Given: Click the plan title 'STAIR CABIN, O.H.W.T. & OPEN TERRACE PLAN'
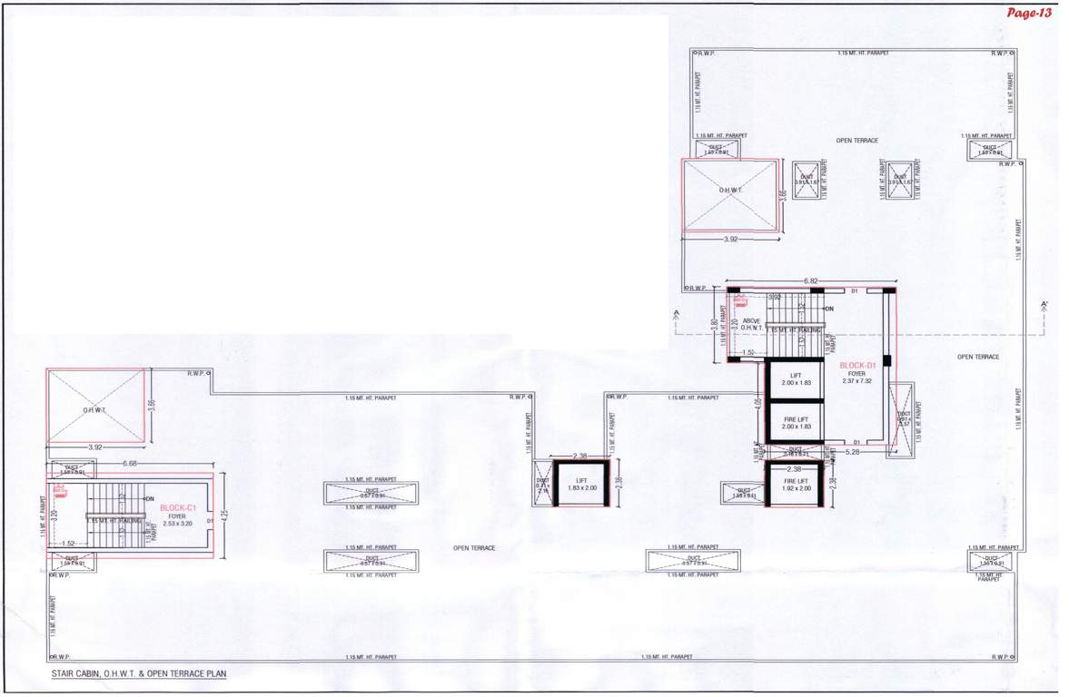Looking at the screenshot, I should coord(138,674).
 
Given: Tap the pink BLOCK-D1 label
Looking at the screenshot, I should coord(857,365).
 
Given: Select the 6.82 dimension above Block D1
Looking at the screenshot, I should coord(812,281).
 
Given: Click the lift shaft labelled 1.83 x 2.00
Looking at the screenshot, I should coord(583,485).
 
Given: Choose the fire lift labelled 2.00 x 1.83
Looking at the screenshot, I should coord(796,422).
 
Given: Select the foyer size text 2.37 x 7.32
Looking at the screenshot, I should coord(857,380).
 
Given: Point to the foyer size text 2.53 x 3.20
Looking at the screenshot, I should coord(178,524).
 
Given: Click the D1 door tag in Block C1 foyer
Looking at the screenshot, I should coord(210,521).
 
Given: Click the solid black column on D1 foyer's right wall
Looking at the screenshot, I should coord(887,360).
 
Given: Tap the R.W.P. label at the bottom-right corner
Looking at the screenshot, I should coord(1000,656).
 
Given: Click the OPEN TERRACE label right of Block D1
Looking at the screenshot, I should coord(978,357).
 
